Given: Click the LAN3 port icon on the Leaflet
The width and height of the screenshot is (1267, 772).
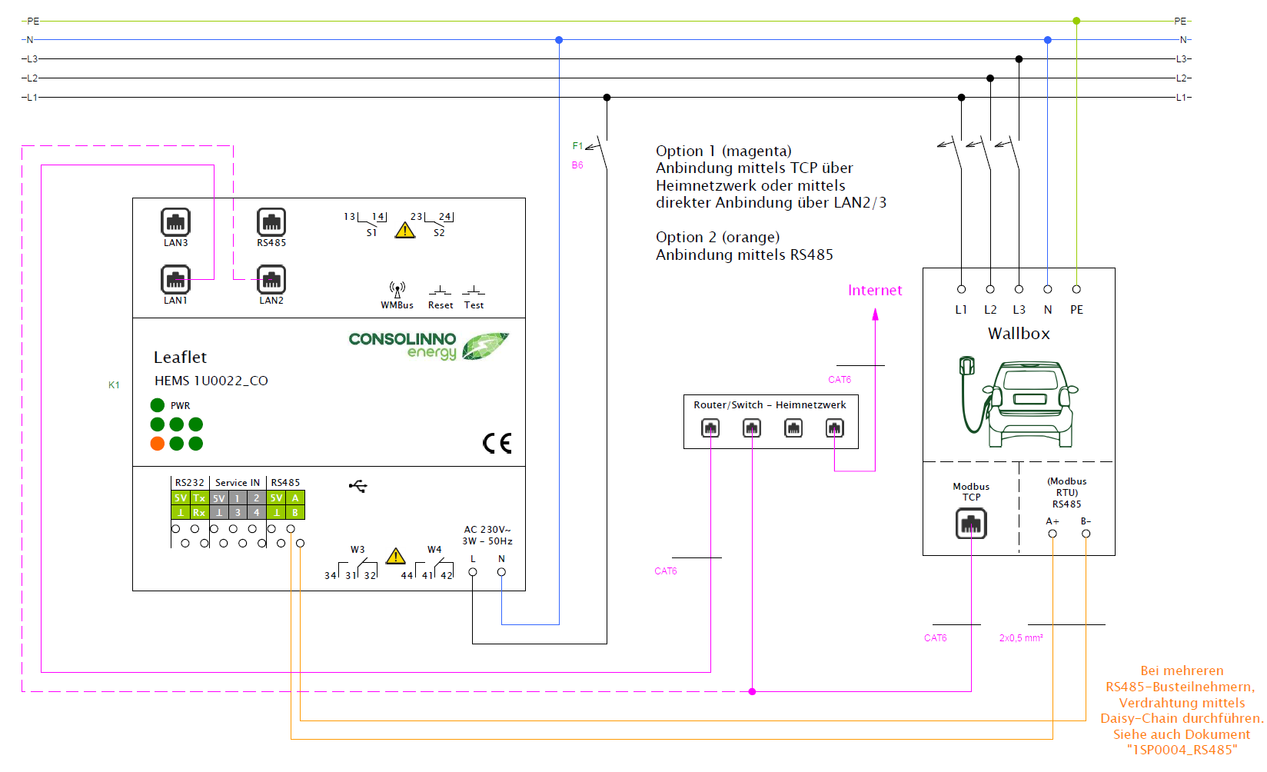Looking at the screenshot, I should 175,222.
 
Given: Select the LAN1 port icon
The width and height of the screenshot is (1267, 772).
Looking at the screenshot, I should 175,280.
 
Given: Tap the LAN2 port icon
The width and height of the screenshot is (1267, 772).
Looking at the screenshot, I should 271,280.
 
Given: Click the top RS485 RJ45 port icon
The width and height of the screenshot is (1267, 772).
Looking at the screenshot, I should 271,222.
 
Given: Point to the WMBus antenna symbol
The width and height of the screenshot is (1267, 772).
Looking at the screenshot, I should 397,290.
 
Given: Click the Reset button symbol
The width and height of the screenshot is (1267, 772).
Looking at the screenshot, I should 440,291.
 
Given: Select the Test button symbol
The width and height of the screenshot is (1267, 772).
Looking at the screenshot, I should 474,291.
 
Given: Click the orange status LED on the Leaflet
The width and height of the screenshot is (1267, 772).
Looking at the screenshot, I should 158,444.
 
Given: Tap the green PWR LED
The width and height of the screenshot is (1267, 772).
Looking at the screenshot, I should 158,405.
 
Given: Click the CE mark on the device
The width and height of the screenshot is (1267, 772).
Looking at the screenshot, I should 497,443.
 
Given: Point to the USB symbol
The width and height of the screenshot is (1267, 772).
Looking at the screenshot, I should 358,486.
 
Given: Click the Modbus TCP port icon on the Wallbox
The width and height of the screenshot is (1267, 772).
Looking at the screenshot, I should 971,524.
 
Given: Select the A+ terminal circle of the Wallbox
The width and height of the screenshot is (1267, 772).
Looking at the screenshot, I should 1053,534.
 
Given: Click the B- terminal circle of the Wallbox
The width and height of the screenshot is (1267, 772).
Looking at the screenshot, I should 1086,534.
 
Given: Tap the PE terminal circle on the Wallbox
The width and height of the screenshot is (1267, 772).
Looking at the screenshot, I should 1076,289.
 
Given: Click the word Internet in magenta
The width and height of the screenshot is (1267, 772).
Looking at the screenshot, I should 875,291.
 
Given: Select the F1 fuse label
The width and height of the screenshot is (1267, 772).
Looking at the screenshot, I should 577,146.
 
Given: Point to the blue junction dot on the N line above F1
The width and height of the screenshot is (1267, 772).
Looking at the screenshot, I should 559,40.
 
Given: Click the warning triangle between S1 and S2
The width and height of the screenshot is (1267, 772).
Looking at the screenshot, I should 405,230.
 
